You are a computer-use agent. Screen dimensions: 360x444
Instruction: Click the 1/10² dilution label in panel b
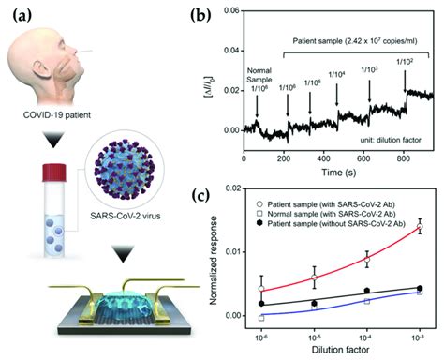point(406,62)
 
